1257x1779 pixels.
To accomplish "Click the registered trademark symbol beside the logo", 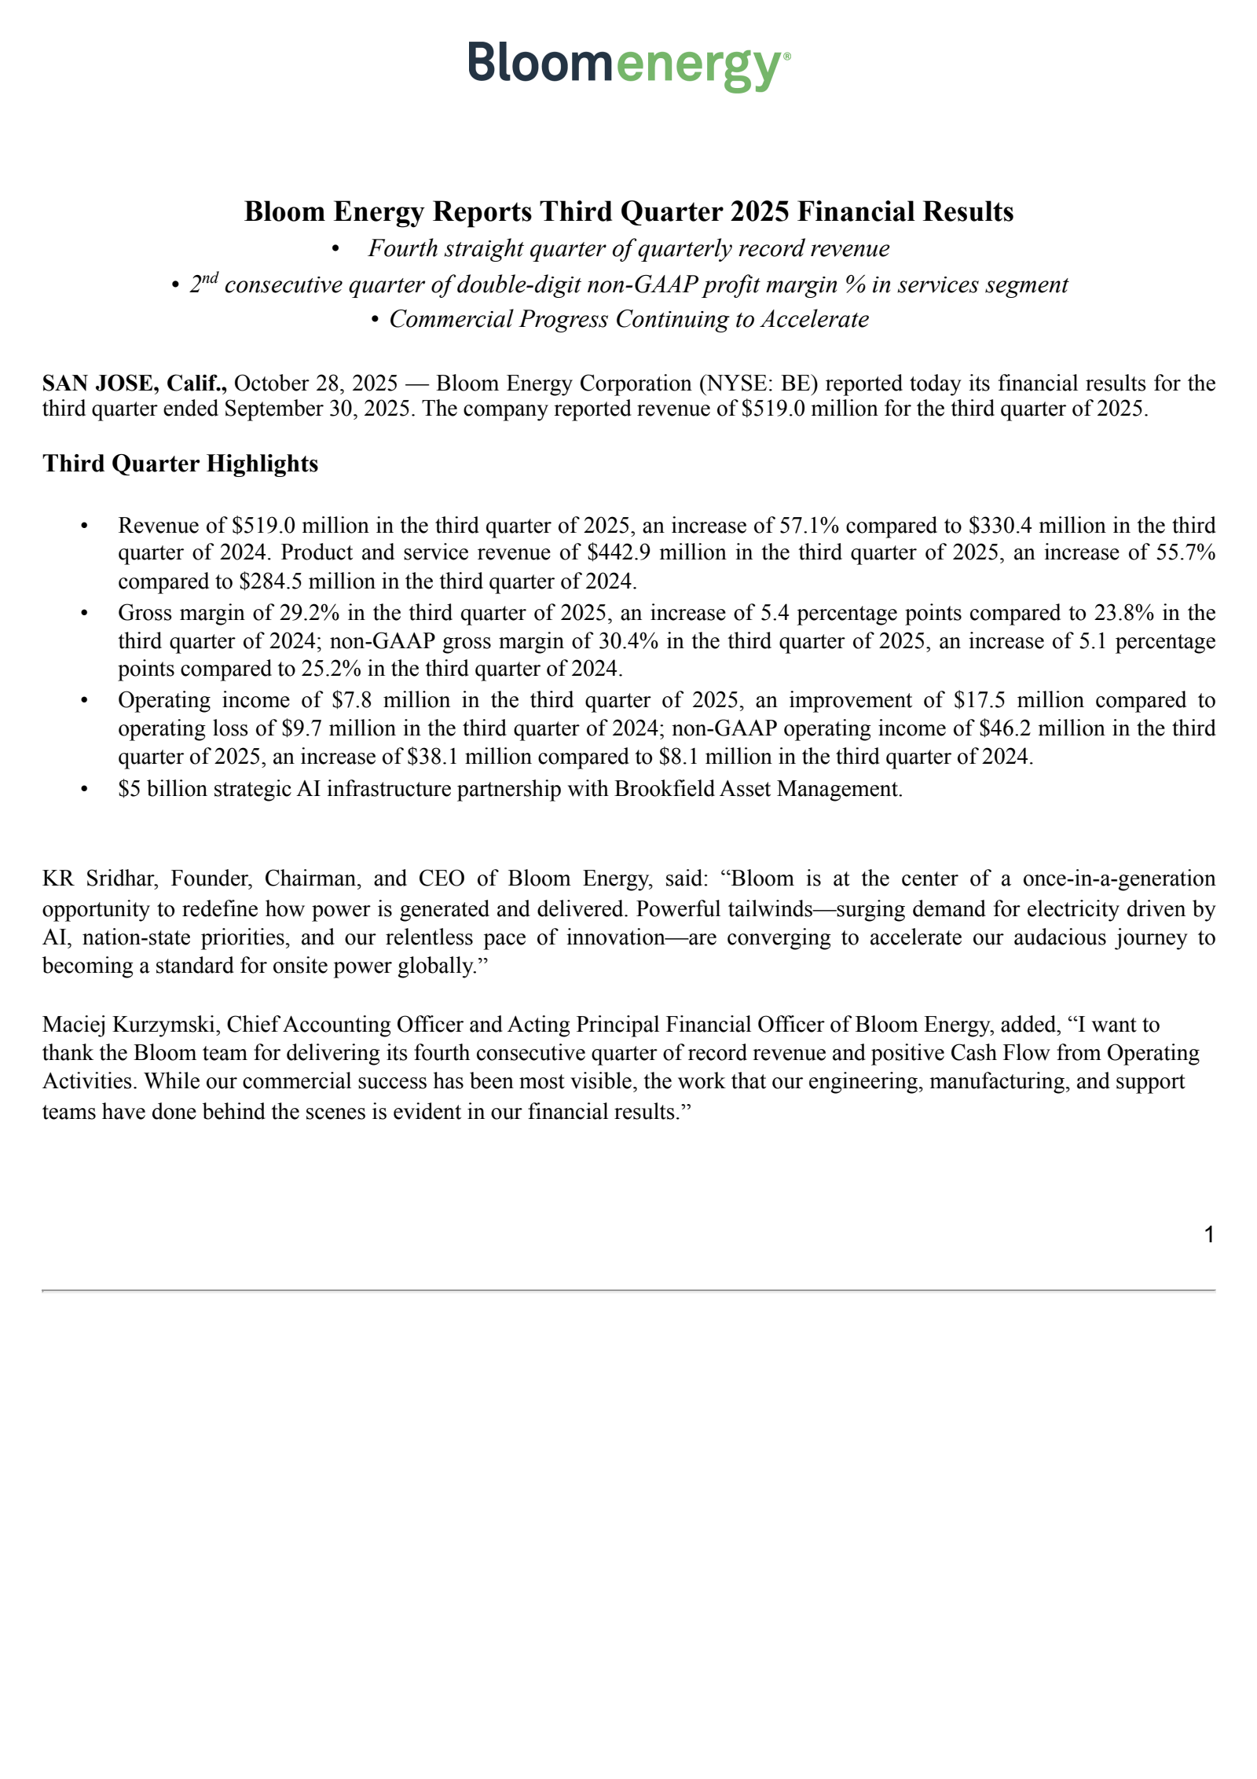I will (x=787, y=57).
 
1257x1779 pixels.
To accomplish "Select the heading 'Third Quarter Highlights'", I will (x=181, y=464).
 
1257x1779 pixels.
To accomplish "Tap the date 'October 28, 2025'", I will (x=316, y=383).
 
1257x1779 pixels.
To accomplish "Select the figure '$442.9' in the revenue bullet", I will (x=620, y=552).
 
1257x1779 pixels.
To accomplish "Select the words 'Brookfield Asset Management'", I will (x=757, y=788).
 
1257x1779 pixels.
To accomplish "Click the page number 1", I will (x=1209, y=1235).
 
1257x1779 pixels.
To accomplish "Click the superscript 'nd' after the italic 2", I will (x=209, y=277).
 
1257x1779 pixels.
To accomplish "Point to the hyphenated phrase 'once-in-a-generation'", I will (x=1119, y=878).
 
